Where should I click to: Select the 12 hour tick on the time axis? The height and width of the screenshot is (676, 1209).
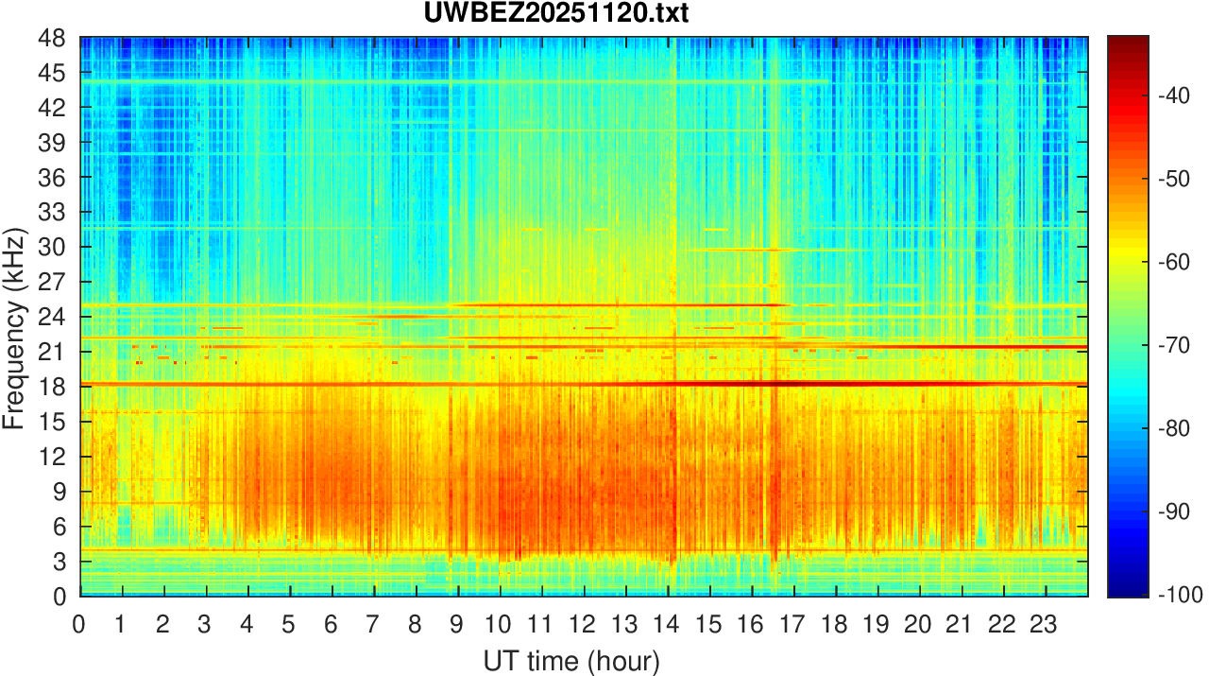584,623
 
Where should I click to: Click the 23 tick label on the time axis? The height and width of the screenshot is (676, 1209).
1046,623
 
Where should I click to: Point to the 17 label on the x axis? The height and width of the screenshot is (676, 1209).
793,623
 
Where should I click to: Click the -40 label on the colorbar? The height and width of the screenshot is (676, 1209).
1174,96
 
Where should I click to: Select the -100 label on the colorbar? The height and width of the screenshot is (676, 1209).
1178,595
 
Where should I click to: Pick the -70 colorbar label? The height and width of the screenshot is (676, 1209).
1174,345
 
